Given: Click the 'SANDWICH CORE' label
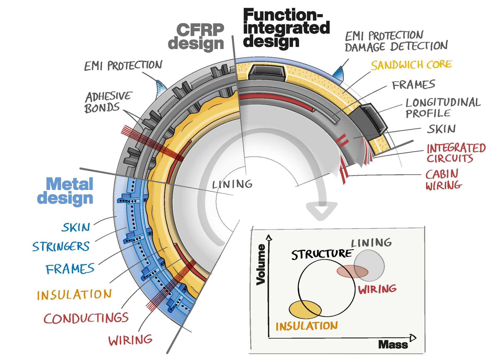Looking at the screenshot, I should tap(411, 65).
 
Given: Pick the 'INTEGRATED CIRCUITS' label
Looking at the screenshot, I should tap(456, 153).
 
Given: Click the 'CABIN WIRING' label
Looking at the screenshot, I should tap(443, 180).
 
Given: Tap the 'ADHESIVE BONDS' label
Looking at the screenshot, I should tap(108, 102).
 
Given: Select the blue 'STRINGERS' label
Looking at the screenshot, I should tap(61, 247).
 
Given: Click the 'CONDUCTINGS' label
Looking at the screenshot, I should tap(86, 318).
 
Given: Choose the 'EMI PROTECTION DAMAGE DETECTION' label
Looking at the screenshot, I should tap(396, 41).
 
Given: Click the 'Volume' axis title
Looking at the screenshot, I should tap(261, 264).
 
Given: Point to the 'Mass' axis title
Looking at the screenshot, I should tap(393, 345).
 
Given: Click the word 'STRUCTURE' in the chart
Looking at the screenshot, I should tap(322, 254).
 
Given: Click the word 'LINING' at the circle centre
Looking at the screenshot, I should tap(232, 185).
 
